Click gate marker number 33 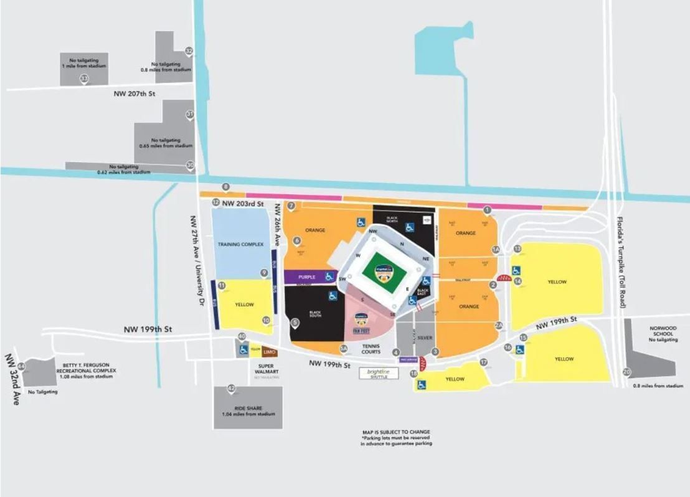point(83,78)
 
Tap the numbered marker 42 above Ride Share point(231,389)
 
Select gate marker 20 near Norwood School point(626,372)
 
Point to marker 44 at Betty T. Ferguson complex point(21,366)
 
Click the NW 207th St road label point(133,94)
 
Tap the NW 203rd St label point(243,204)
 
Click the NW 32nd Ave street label point(12,379)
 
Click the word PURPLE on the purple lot point(307,277)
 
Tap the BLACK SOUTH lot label point(314,314)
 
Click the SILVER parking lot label point(425,338)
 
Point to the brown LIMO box point(269,353)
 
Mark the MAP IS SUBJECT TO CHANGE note point(395,432)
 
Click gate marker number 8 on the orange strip point(226,186)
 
